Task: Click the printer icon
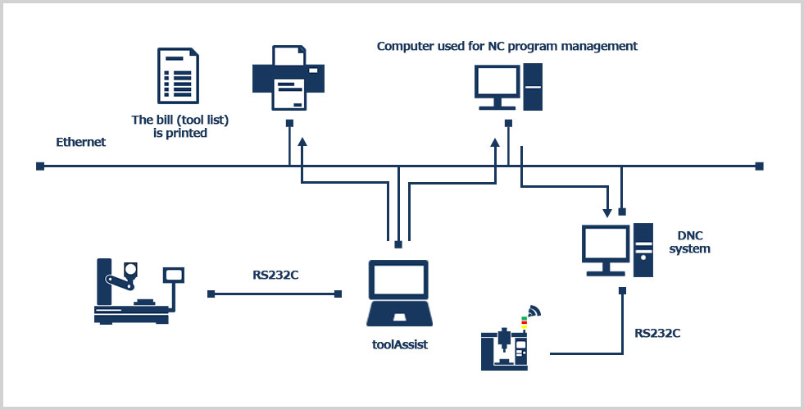288,78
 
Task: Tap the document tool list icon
178,78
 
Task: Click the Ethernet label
80,142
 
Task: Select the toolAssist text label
398,344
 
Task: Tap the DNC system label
689,241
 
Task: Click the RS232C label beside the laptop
275,275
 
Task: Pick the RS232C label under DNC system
657,333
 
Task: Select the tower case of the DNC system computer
643,249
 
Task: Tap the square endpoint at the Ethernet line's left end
39,166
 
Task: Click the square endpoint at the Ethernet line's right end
760,166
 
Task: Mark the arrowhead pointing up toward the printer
302,143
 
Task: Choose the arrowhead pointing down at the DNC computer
607,207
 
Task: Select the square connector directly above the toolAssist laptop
398,244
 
